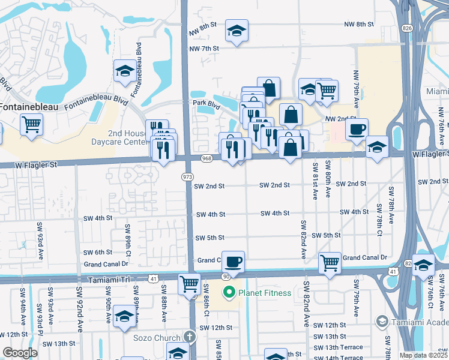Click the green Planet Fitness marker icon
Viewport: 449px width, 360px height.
coord(228,293)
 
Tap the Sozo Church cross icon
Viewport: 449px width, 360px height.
coord(190,337)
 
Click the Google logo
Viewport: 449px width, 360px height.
coord(20,353)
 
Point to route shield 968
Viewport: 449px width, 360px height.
coord(206,158)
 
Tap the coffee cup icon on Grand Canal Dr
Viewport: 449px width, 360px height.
coord(233,261)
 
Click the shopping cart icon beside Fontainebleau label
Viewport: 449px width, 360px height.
coord(31,124)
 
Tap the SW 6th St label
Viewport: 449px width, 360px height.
coord(98,253)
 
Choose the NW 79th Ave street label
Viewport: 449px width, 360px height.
coord(356,89)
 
